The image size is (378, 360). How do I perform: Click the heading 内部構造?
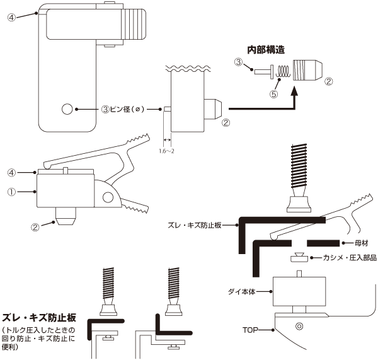266,50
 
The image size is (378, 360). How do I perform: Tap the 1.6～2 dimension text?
166,151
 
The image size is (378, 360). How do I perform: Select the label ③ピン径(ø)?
123,109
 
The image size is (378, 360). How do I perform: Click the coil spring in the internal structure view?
283,72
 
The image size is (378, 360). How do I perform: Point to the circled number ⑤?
273,94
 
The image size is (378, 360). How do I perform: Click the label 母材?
361,243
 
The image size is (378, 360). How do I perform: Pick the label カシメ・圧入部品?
350,258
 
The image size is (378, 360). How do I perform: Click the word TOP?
250,330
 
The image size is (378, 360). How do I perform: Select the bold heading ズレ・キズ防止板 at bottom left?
39,318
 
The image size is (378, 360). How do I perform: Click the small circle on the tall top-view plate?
67,109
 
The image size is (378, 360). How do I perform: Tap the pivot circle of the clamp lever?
108,197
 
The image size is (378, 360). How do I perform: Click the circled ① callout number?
11,192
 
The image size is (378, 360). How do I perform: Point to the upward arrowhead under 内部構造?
294,92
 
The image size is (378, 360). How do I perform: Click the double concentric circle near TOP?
299,327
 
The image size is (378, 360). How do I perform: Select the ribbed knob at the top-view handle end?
134,24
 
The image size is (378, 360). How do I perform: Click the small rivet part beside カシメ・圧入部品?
299,257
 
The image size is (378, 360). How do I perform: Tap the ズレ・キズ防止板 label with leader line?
194,225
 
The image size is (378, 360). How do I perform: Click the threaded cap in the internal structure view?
307,70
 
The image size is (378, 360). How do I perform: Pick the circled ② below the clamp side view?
35,227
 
